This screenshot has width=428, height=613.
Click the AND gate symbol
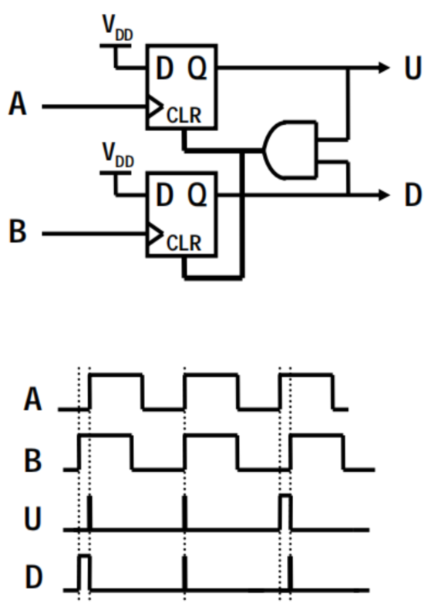(x=290, y=150)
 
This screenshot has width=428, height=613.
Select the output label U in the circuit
(x=413, y=69)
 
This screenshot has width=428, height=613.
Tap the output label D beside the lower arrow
(x=413, y=194)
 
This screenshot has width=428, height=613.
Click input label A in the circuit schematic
(x=18, y=103)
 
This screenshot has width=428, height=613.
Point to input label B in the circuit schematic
(x=17, y=231)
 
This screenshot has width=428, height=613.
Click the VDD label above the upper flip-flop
(x=117, y=27)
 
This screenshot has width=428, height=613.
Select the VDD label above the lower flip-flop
(x=118, y=155)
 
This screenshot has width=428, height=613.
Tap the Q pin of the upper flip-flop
(x=197, y=68)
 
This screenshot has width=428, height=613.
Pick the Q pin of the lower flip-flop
(x=197, y=194)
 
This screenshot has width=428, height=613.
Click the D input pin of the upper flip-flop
(x=164, y=68)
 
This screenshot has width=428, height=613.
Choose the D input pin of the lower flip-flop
(x=164, y=194)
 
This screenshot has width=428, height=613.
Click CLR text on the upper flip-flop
(x=184, y=116)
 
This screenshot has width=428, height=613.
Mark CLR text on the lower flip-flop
(x=184, y=243)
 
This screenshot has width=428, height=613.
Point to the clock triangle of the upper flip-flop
(x=155, y=106)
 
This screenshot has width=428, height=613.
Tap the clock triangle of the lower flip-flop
(x=155, y=234)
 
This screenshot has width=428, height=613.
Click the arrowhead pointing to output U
(x=384, y=68)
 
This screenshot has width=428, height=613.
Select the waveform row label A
(x=32, y=399)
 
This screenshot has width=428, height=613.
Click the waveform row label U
(x=33, y=518)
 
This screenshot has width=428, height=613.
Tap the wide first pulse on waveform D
(x=84, y=572)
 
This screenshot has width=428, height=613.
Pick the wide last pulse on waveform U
(x=286, y=513)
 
